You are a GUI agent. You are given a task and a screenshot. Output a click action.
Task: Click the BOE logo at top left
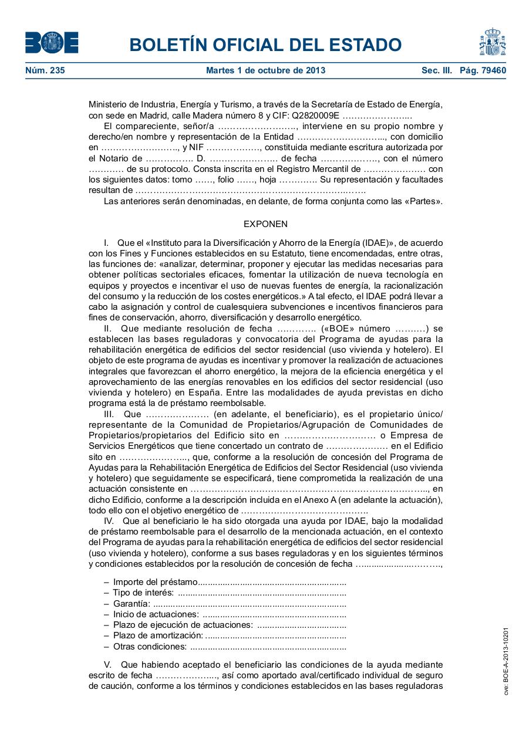click(52, 43)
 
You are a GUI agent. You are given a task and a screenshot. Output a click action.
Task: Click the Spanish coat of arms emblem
click(492, 42)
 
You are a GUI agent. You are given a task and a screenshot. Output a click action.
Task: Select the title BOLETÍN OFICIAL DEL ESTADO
click(265, 45)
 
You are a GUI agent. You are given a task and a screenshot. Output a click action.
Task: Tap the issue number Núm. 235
click(45, 71)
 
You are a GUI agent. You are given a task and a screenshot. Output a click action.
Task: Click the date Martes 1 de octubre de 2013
click(265, 71)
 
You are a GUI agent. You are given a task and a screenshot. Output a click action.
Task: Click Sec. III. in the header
click(436, 71)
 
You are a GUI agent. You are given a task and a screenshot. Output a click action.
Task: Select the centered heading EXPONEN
click(265, 224)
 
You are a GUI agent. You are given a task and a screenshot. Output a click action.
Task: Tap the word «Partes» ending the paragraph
click(423, 201)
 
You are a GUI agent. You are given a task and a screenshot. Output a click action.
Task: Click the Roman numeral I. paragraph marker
click(106, 242)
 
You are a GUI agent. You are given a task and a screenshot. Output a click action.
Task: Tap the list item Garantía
click(132, 604)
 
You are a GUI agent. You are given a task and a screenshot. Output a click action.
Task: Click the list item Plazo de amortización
click(158, 636)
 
